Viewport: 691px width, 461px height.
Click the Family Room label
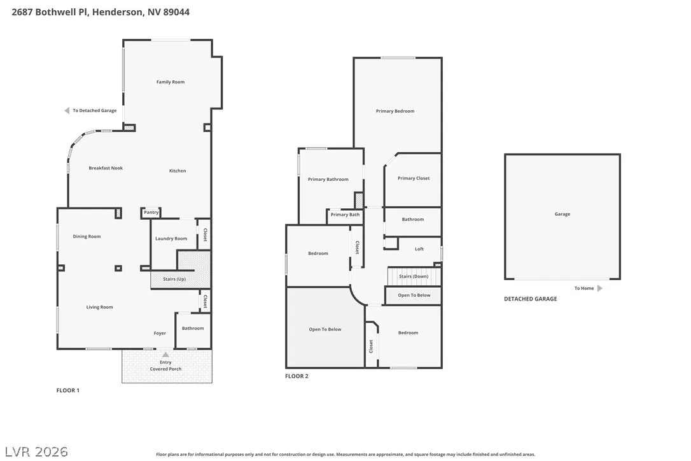(171, 82)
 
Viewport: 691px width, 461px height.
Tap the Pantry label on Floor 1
(151, 212)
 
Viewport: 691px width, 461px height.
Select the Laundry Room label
(171, 239)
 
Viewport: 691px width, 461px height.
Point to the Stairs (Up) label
(174, 280)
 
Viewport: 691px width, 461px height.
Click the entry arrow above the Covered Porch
(165, 355)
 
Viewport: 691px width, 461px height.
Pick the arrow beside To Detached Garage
(67, 110)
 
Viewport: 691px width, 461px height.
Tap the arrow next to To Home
(600, 288)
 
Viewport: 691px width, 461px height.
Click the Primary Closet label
(414, 178)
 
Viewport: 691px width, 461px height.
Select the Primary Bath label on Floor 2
(345, 215)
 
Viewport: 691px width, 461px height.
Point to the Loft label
(419, 249)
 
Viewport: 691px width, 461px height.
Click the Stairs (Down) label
(414, 276)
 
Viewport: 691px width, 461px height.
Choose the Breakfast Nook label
(106, 168)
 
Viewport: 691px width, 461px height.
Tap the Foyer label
(160, 334)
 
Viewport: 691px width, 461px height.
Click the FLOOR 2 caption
(297, 376)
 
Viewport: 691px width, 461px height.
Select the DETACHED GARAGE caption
(531, 299)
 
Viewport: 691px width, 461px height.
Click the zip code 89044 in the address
(176, 12)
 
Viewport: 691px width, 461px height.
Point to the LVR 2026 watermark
(36, 451)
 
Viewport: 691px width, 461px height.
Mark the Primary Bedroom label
(395, 111)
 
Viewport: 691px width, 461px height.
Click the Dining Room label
(87, 236)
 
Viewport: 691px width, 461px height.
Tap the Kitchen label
(178, 171)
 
